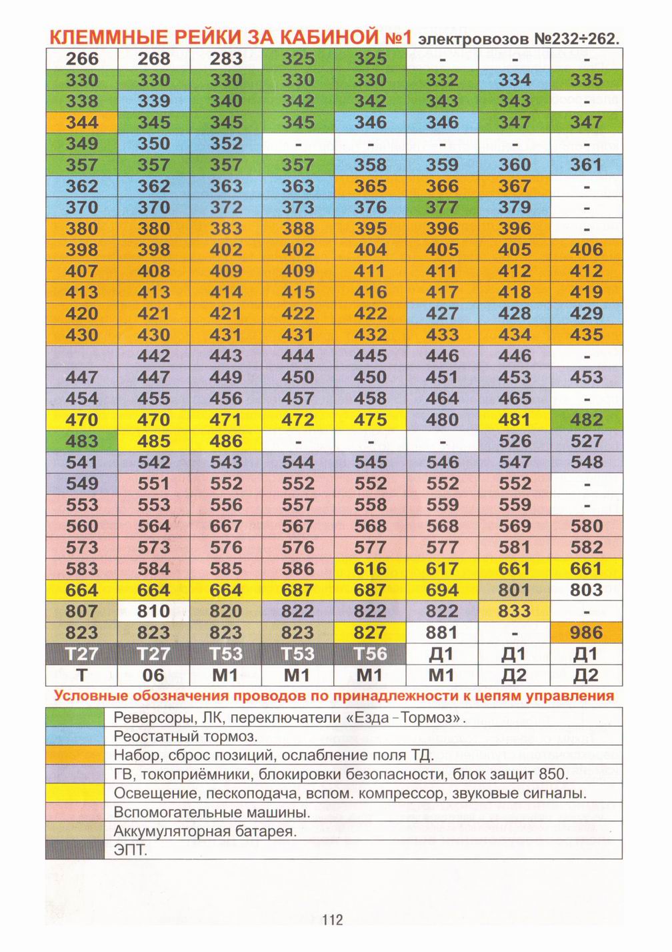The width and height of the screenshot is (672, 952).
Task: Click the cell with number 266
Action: (81, 59)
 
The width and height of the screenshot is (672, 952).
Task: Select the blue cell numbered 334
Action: (515, 80)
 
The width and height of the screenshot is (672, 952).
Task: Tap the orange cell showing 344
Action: (81, 123)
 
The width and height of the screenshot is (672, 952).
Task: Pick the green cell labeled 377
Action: (442, 207)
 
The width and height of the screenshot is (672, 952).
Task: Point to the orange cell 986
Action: (587, 632)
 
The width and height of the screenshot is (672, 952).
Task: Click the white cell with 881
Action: (442, 632)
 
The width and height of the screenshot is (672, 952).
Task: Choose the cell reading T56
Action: (371, 654)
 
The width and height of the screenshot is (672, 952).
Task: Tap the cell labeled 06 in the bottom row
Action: (154, 675)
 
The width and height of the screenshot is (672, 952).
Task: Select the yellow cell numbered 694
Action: (442, 590)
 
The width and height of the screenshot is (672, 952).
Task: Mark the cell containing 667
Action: (226, 526)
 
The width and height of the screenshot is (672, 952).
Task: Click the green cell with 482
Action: (587, 420)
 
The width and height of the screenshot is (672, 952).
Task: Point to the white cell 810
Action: (154, 611)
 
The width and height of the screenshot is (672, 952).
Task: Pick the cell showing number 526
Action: (515, 441)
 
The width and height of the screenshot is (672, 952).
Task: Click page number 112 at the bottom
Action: (332, 920)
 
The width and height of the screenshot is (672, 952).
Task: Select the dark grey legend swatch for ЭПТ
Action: (75, 850)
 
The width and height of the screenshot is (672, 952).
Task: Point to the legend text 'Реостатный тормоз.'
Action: (186, 737)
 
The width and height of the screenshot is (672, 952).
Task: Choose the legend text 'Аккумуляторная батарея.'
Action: (205, 831)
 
